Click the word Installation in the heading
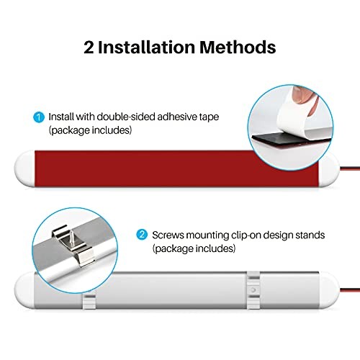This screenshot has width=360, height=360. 146,47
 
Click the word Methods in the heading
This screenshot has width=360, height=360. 238,47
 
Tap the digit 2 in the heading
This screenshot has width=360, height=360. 89,47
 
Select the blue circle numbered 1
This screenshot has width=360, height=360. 39,117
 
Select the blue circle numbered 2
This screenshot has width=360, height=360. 142,235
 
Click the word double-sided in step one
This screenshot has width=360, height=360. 126,117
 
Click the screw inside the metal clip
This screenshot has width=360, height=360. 72,236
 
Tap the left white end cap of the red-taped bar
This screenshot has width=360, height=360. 24,168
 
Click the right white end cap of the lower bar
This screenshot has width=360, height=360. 329,290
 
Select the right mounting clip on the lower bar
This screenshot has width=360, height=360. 253,290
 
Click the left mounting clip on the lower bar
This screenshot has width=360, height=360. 89,300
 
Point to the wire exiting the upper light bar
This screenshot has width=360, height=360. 350,168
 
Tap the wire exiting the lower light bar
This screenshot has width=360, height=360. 350,290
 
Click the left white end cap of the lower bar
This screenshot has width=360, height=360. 24,290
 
